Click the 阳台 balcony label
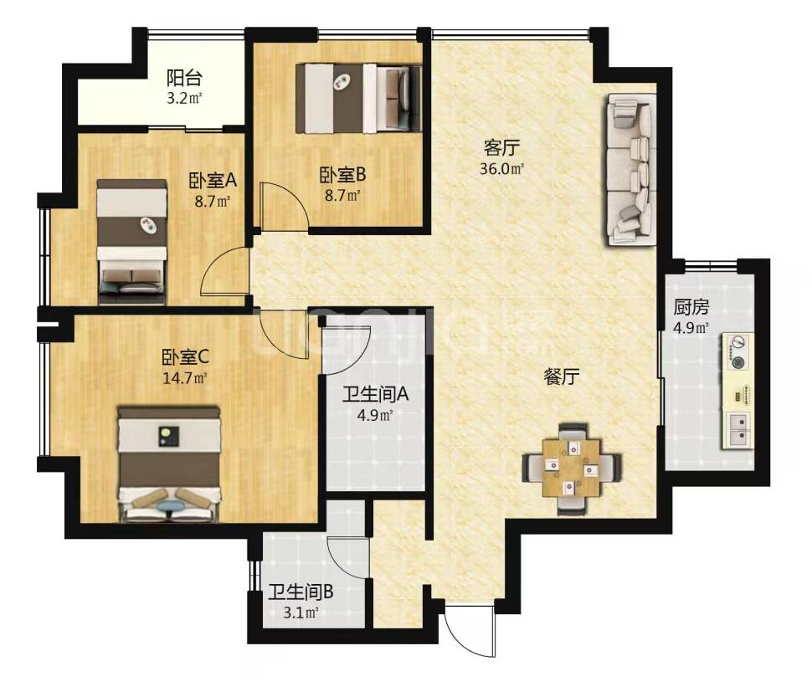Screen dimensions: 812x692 pyautogui.click(x=184, y=78)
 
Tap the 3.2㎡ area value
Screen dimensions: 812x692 pyautogui.click(x=184, y=98)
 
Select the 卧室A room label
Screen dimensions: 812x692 pyautogui.click(x=213, y=181)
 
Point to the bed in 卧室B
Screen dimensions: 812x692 pyautogui.click(x=357, y=98)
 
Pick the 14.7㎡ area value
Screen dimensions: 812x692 pyautogui.click(x=185, y=378)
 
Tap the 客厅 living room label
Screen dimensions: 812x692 pyautogui.click(x=501, y=148)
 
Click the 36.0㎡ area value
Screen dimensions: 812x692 pyautogui.click(x=501, y=169)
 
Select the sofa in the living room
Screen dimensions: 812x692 pyautogui.click(x=630, y=169)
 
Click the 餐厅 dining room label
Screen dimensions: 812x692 pyautogui.click(x=562, y=377)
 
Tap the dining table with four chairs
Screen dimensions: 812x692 pyautogui.click(x=572, y=469)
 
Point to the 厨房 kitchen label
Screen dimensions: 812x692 pyautogui.click(x=691, y=307)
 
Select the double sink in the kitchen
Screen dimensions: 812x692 pyautogui.click(x=739, y=430)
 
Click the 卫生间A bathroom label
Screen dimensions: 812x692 pyautogui.click(x=376, y=394)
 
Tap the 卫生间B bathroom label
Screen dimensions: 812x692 pyautogui.click(x=301, y=592)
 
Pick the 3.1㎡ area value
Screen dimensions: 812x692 pyautogui.click(x=301, y=613)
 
